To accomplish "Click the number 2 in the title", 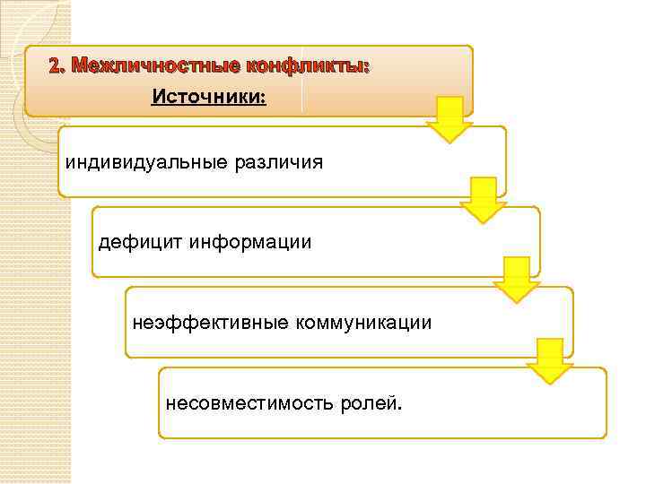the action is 56,66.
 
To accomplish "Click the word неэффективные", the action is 211,321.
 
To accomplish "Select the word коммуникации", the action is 364,321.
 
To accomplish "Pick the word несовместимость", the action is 249,402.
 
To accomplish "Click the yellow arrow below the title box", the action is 449,119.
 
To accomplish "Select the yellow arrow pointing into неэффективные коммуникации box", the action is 516,280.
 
